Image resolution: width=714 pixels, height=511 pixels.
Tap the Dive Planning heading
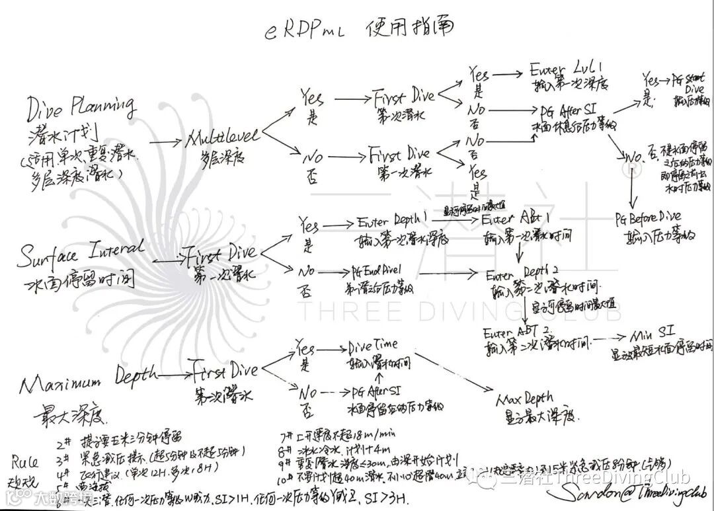(81, 106)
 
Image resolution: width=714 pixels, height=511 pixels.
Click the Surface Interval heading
(81, 253)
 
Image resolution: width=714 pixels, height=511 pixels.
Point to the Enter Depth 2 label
(523, 273)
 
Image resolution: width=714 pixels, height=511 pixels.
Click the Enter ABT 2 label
(517, 331)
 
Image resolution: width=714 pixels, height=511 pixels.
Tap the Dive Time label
(373, 344)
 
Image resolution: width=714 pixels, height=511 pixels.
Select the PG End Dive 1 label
(385, 272)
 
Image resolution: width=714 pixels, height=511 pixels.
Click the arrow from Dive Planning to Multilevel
(160, 141)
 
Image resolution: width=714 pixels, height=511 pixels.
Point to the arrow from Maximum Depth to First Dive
(174, 375)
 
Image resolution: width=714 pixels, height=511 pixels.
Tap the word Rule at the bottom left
(26, 460)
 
